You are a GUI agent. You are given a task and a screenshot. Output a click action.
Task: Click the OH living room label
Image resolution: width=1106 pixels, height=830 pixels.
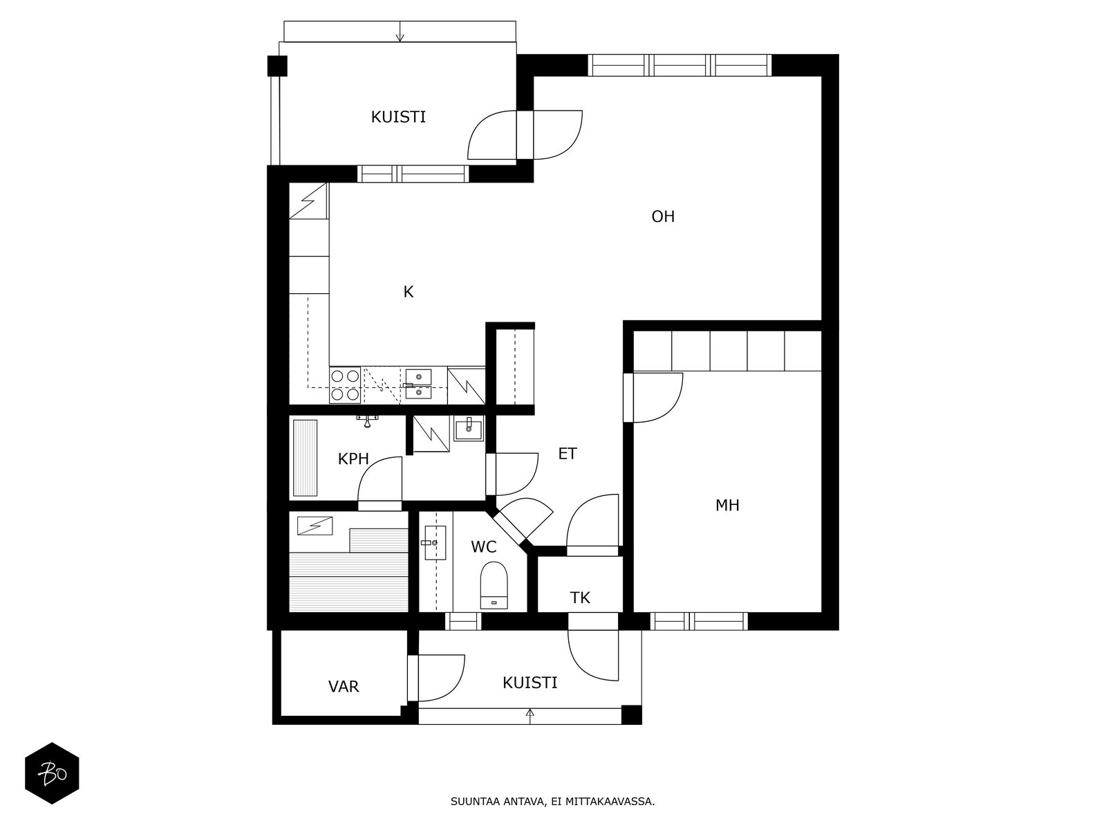coord(662,217)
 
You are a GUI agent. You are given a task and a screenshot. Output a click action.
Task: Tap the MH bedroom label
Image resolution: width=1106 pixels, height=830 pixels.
coord(727,506)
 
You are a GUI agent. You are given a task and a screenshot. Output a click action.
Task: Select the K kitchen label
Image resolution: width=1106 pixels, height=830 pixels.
coord(408,292)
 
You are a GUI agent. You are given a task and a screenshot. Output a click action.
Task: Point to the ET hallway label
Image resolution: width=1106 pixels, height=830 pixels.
coord(567,454)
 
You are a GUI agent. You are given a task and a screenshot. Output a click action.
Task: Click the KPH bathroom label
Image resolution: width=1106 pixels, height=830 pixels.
coord(353,459)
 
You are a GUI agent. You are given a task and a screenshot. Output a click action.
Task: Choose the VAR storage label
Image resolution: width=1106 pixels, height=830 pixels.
coord(344,687)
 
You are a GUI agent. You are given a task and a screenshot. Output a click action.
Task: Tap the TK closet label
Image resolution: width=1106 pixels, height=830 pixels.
coord(579,598)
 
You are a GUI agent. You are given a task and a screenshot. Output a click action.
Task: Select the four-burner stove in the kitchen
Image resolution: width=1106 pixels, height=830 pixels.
coord(344,385)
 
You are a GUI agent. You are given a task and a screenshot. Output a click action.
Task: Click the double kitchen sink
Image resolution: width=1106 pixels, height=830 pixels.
coord(418,385)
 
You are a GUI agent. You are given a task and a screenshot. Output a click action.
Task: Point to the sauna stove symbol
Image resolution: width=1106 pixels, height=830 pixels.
coord(315,526)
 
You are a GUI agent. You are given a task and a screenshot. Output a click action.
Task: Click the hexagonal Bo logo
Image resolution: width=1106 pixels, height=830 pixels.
coord(52,773)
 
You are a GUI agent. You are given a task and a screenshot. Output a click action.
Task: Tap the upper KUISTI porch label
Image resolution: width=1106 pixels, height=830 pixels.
coord(398,118)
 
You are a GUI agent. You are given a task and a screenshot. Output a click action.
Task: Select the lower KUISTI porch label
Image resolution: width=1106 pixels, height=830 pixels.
coord(529,683)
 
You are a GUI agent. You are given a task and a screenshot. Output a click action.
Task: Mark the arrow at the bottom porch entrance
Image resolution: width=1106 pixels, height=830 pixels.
coord(530,714)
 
